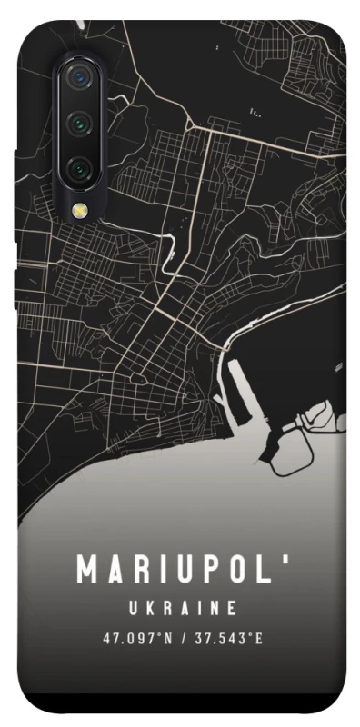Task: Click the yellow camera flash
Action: pos(79,210)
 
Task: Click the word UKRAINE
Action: pos(180,607)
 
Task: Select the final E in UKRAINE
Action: pos(233,607)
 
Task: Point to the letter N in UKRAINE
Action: pos(213,607)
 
